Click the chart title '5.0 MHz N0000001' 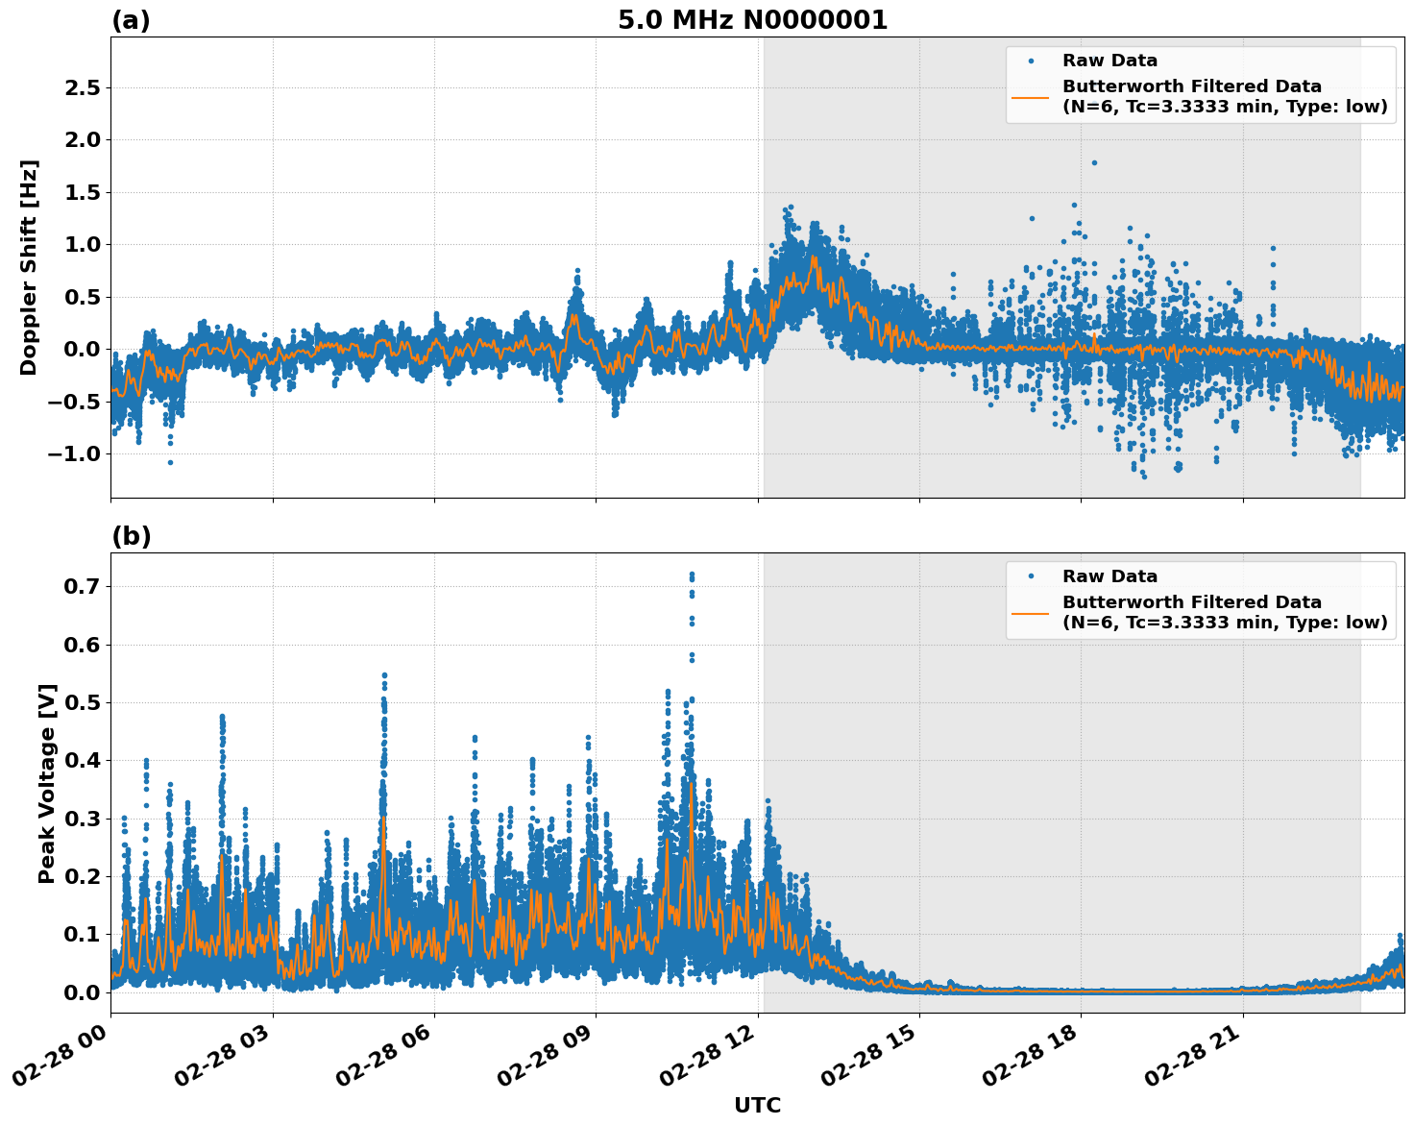tap(752, 20)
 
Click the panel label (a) tap(131, 20)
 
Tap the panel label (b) tap(131, 536)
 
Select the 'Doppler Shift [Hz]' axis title tap(29, 267)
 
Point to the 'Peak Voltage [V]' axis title tap(47, 783)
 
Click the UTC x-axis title tap(757, 1105)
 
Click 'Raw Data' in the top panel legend tap(1109, 61)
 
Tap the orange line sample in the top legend tap(1031, 97)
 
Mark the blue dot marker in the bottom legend tap(1031, 576)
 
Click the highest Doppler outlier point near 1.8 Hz tap(1094, 162)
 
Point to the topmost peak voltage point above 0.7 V tap(692, 574)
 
